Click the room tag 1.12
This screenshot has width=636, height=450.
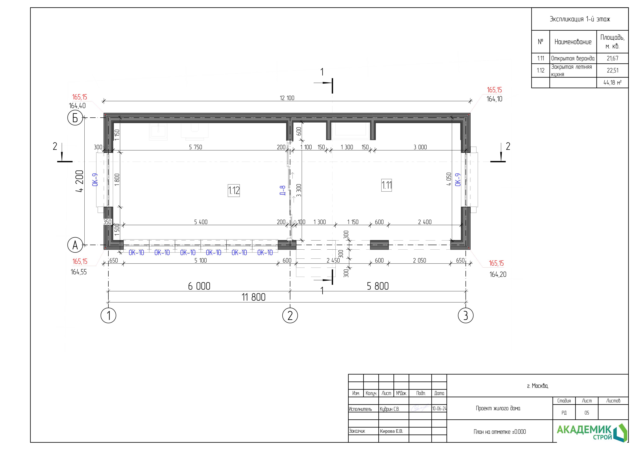234,190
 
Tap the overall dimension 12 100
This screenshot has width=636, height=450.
287,98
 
